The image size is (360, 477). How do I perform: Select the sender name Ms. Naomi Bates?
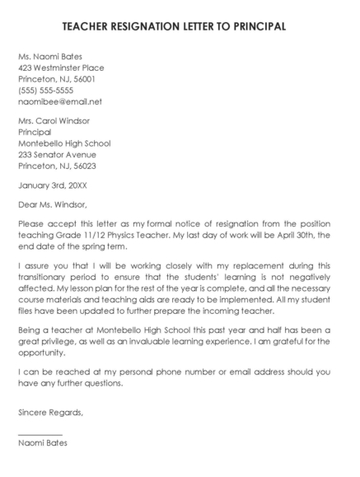point(54,56)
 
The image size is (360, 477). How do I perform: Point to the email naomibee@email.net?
point(59,102)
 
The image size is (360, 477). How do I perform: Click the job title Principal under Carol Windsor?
point(35,131)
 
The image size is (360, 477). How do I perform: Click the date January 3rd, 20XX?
point(52,185)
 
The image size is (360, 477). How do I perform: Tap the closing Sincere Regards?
point(50,411)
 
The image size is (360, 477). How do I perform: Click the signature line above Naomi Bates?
point(40,433)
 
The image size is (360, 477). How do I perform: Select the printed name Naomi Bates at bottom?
point(43,443)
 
